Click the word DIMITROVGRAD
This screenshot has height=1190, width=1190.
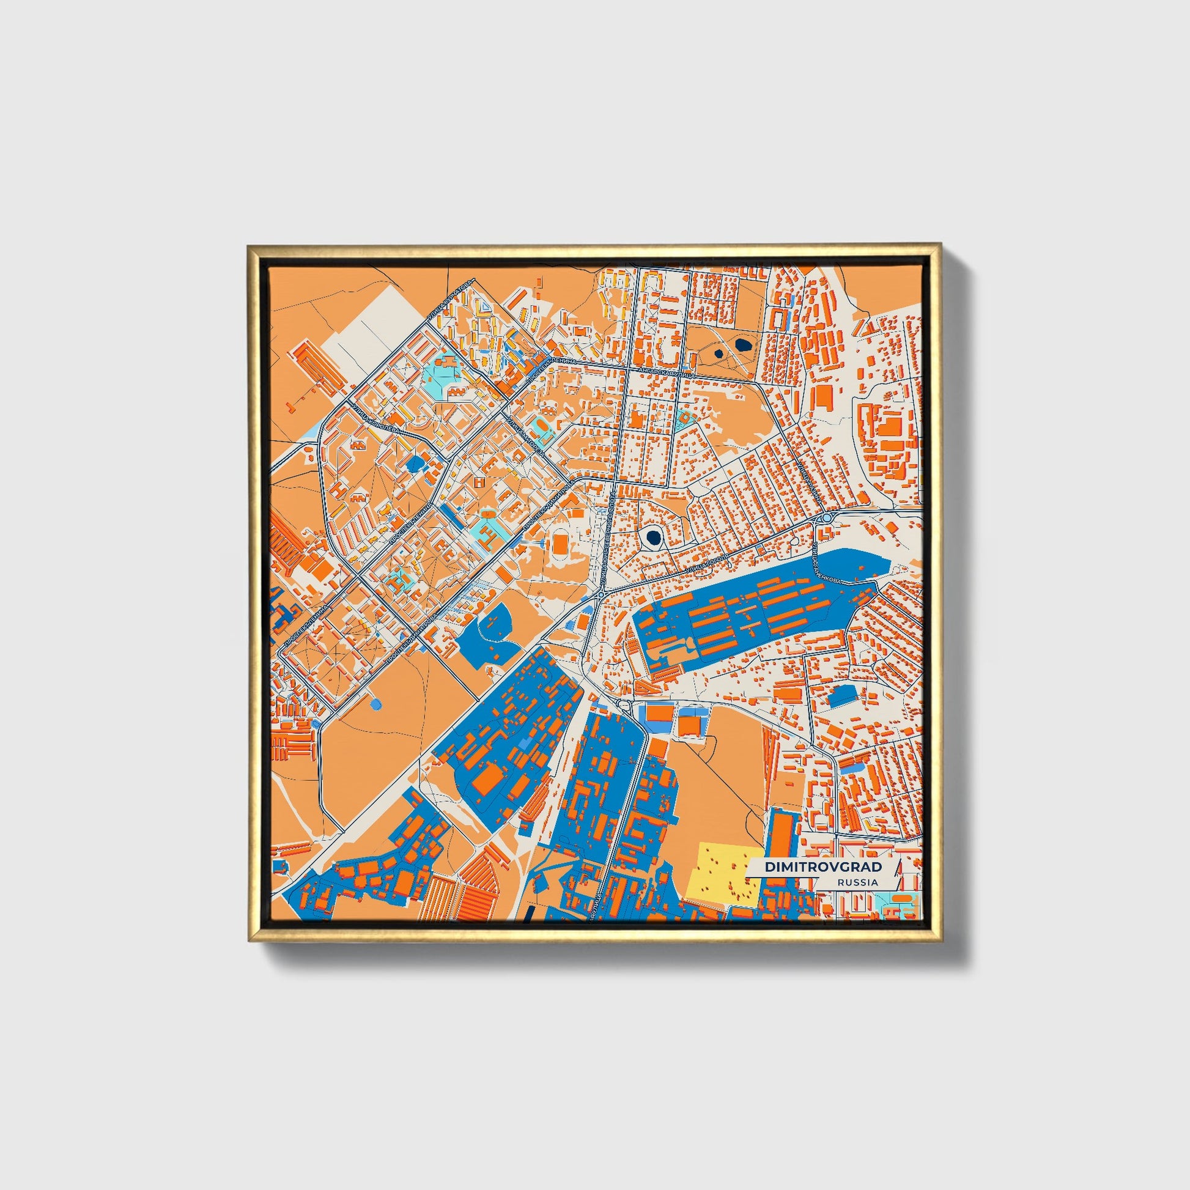823,867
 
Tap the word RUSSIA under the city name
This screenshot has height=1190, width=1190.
857,882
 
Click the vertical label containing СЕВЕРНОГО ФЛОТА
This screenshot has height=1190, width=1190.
607,539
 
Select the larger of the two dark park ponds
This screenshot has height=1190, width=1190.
744,346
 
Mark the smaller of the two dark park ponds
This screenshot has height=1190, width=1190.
719,353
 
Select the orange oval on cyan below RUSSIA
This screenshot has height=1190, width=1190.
904,900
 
